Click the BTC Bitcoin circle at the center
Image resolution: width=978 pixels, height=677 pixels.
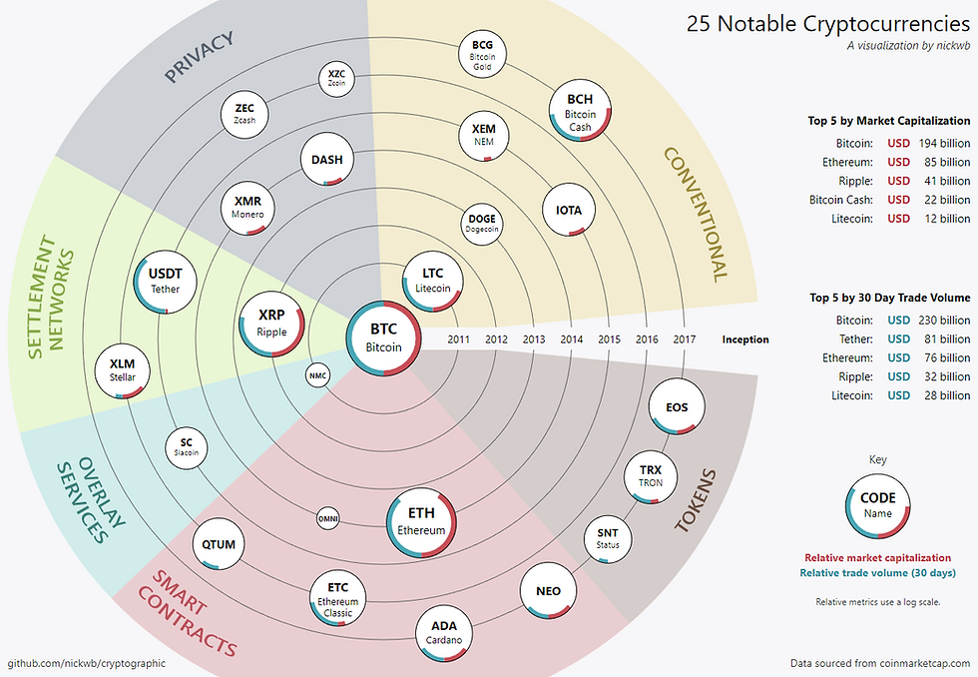[x=384, y=337]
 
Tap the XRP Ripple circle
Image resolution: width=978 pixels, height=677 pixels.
[x=271, y=321]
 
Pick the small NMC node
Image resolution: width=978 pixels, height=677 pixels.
[x=317, y=375]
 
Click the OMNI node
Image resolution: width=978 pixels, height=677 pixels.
[x=328, y=519]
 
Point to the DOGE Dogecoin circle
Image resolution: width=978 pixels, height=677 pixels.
[x=481, y=224]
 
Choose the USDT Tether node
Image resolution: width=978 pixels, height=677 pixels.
[x=166, y=281]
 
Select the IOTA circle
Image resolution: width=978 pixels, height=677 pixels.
[x=569, y=211]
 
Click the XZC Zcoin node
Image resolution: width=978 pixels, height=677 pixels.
[x=335, y=77]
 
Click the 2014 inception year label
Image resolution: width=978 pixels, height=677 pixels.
[x=572, y=339]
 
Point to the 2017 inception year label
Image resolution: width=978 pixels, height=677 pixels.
[x=684, y=339]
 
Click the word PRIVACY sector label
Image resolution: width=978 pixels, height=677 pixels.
[x=199, y=57]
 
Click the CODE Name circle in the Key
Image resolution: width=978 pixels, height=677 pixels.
[x=878, y=505]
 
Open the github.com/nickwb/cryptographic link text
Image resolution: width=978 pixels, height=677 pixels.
[x=87, y=663]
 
